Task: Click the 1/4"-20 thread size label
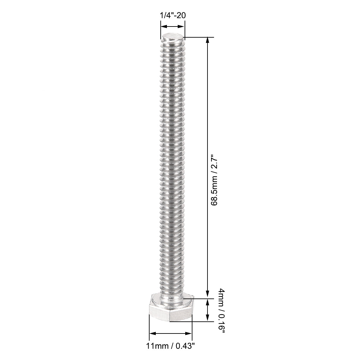pos(173,15)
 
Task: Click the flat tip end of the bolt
pos(173,35)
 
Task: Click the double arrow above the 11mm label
pos(171,333)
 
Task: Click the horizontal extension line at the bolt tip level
pos(200,37)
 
